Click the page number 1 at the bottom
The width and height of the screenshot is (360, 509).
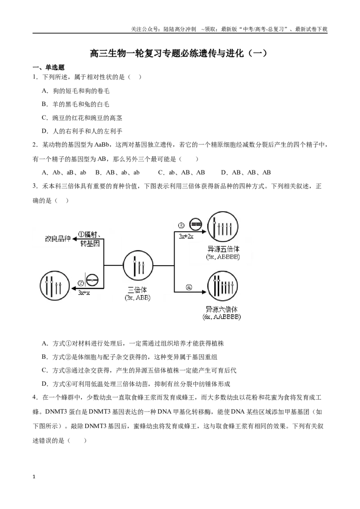click(x=34, y=477)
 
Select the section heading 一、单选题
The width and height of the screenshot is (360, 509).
click(x=49, y=67)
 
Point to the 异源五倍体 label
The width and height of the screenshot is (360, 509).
click(x=223, y=249)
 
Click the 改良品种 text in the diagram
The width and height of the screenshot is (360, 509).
click(x=58, y=239)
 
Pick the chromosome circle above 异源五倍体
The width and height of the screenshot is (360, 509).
click(x=223, y=227)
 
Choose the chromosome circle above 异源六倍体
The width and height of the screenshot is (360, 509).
click(x=223, y=286)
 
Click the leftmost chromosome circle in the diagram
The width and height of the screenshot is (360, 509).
click(x=54, y=286)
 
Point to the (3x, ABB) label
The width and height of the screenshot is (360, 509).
click(x=138, y=298)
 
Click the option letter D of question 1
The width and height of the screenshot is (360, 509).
click(x=45, y=131)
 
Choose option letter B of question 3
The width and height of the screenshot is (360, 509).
click(x=45, y=357)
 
